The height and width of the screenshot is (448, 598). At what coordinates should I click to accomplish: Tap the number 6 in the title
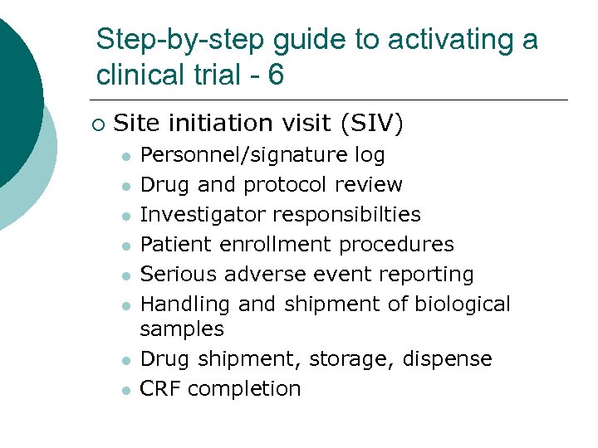tap(275, 75)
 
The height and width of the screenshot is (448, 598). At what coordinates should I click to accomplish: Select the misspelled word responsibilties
tap(346, 215)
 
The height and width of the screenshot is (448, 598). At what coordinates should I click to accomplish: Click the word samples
tap(182, 329)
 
